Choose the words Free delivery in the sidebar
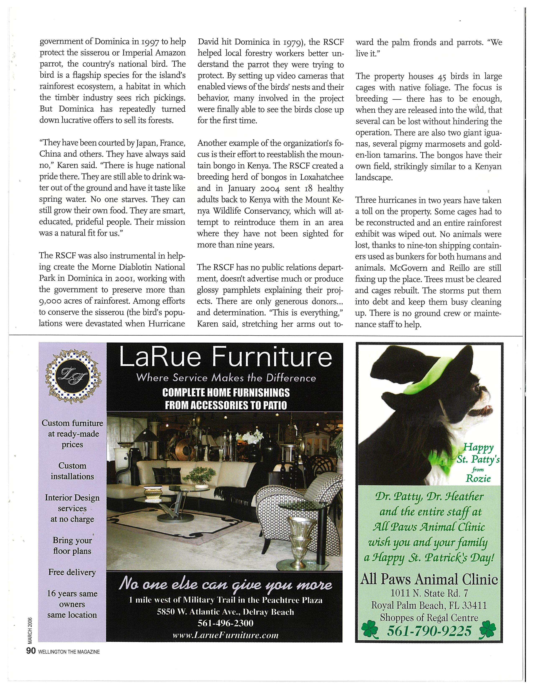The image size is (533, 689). click(72, 572)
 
